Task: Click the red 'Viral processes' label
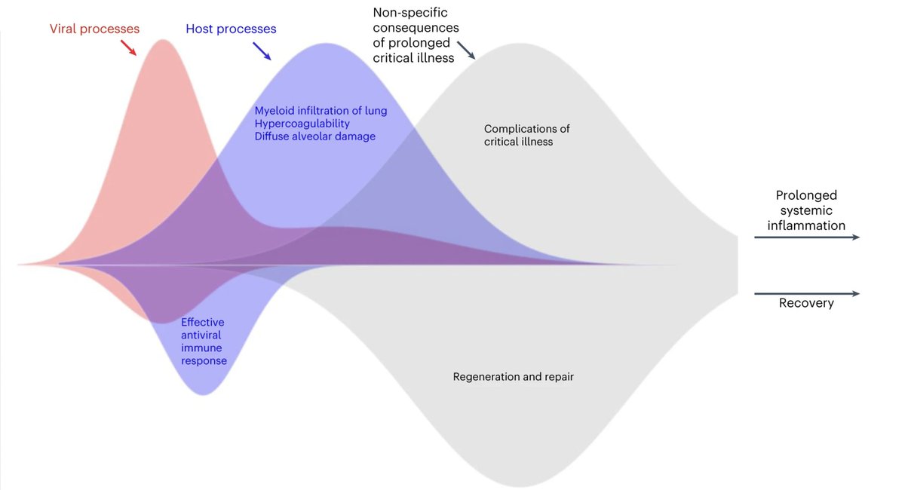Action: (94, 29)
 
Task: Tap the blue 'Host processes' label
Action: (231, 29)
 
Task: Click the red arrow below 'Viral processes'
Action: (129, 49)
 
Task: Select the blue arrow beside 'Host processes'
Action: (262, 51)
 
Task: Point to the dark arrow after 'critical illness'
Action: (466, 51)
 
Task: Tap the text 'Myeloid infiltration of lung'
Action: (321, 111)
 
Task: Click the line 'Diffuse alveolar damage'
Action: (314, 136)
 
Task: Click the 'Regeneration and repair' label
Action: (513, 376)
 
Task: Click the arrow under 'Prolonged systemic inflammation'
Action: (805, 237)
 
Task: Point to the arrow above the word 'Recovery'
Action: (805, 293)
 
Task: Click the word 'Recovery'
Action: (806, 304)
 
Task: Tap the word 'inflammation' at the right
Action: (806, 225)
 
